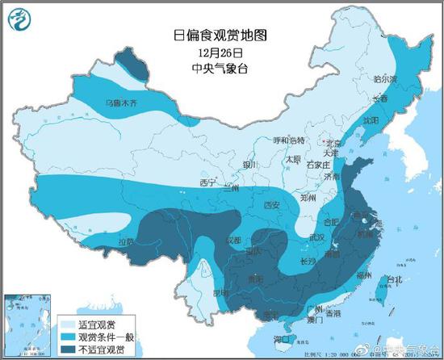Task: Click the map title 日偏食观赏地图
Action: [220, 35]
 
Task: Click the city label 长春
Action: [379, 98]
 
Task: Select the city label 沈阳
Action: [371, 119]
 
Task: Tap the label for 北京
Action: [333, 142]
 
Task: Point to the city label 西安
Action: [270, 205]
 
